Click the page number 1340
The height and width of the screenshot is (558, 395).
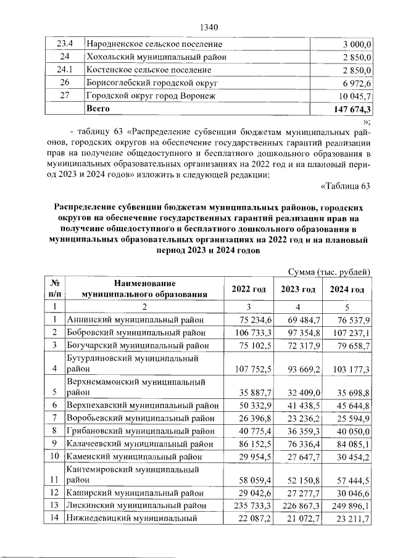tap(210, 27)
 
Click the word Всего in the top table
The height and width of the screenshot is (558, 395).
tap(98, 109)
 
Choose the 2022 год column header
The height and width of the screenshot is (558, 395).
tap(249, 290)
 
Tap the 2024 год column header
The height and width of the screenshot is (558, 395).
tap(347, 290)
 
